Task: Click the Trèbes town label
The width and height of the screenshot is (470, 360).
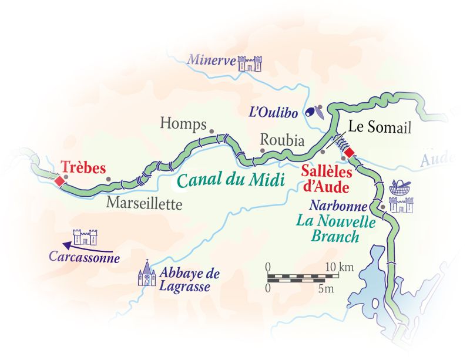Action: (x=83, y=167)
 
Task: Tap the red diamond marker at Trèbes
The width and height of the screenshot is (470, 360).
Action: (x=59, y=181)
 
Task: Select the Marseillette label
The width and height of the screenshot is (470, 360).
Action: (x=145, y=204)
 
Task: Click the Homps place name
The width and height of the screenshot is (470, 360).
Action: (x=184, y=125)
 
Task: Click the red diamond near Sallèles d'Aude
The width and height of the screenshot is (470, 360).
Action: (x=348, y=153)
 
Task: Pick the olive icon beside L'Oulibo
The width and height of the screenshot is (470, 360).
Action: (x=313, y=112)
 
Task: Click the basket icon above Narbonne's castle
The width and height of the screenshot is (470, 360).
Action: (x=400, y=187)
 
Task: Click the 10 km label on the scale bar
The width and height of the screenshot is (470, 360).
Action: (x=340, y=267)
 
